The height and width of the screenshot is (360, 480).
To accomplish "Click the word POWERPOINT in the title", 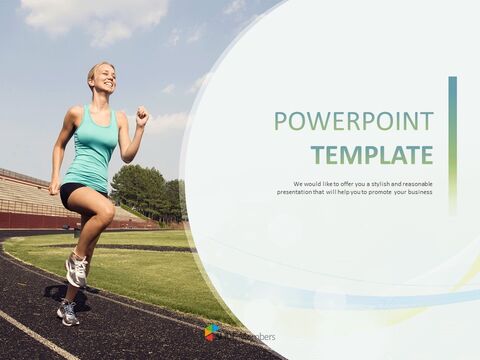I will click(x=354, y=122).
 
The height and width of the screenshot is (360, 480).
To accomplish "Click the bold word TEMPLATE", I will click(x=372, y=155).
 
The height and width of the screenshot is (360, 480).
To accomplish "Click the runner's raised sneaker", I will click(x=76, y=268).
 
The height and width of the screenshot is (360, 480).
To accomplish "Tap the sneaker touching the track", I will click(x=67, y=313).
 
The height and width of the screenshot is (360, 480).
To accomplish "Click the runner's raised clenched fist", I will click(x=142, y=116).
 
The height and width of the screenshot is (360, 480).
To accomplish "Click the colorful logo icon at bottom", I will click(x=212, y=332).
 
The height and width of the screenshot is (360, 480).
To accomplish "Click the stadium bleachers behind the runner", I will click(x=25, y=195).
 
